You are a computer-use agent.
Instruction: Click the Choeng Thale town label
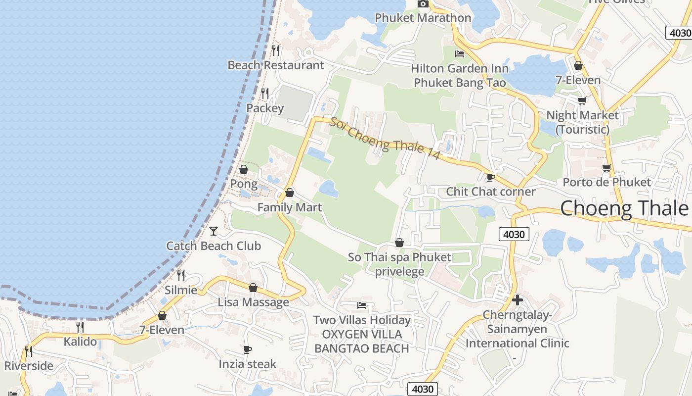[x=624, y=208]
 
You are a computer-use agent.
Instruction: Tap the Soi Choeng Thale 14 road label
[x=385, y=138]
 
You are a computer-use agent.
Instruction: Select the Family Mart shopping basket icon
[x=290, y=193]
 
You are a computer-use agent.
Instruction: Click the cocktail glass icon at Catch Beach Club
[x=214, y=231]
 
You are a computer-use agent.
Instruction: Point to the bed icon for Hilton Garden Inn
[x=460, y=54]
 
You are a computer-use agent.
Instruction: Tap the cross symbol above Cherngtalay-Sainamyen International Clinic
[x=518, y=300]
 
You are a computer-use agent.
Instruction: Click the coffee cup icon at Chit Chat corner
[x=490, y=177]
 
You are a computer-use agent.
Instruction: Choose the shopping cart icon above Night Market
[x=582, y=100]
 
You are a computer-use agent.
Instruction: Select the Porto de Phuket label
[x=607, y=182]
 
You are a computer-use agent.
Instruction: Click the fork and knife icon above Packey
[x=265, y=93]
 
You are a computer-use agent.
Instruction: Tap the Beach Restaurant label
[x=276, y=65]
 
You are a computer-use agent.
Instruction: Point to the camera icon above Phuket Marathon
[x=423, y=4]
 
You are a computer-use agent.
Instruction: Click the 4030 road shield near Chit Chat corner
[x=514, y=234]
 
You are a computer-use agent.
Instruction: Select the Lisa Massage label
[x=254, y=302]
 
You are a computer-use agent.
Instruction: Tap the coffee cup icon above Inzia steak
[x=248, y=349]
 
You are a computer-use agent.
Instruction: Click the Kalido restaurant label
[x=80, y=342]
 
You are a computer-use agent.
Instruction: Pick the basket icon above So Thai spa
[x=399, y=243]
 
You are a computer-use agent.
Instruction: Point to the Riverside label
[x=29, y=366]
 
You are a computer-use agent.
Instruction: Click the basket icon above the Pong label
[x=244, y=169]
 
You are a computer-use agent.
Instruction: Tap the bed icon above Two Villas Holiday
[x=362, y=305]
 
